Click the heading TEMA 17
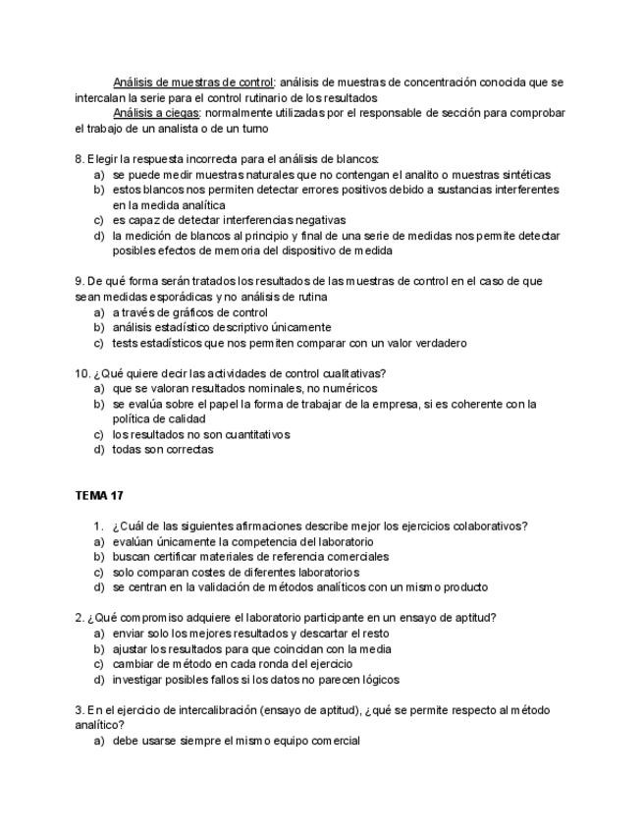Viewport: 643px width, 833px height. (x=98, y=495)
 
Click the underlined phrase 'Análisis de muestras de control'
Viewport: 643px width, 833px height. (x=193, y=83)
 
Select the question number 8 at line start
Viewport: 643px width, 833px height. (x=79, y=159)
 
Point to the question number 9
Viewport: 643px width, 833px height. (x=79, y=281)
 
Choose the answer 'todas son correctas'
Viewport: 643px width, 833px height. (x=162, y=450)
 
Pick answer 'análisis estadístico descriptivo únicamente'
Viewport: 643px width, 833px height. (x=221, y=327)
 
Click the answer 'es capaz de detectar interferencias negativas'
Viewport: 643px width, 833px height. (x=229, y=220)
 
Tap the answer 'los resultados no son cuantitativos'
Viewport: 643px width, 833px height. (x=200, y=434)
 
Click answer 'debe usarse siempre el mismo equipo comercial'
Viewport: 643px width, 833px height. (x=236, y=741)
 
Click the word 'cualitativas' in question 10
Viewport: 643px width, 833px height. (x=348, y=373)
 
